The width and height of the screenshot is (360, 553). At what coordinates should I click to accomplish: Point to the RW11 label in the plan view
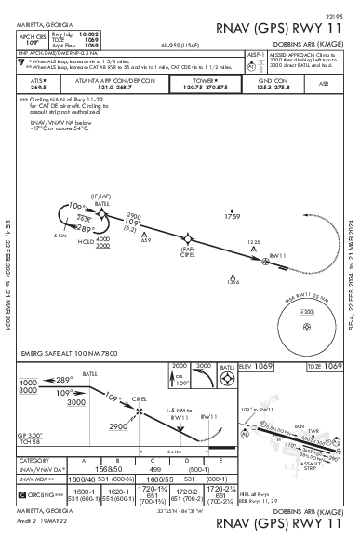click(275, 255)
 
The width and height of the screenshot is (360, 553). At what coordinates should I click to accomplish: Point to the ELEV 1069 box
click(263, 367)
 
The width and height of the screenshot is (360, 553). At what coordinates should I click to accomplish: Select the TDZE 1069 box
click(325, 367)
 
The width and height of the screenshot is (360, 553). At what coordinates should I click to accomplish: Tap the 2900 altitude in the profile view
click(119, 425)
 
